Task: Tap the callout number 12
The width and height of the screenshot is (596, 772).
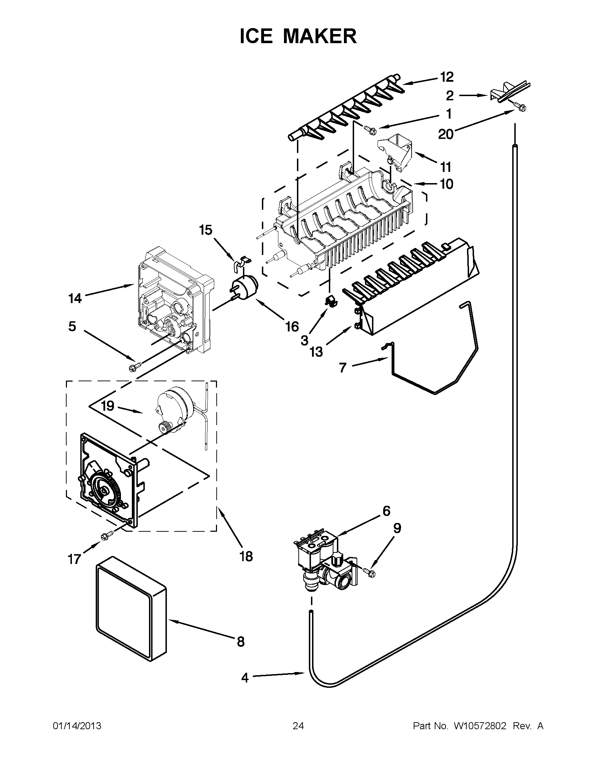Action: tap(447, 77)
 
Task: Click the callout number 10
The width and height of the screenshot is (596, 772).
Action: tap(447, 184)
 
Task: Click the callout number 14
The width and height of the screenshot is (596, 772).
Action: tap(75, 299)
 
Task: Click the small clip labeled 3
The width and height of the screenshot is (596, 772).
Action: tap(330, 301)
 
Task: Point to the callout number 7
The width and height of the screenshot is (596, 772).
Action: tap(343, 368)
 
